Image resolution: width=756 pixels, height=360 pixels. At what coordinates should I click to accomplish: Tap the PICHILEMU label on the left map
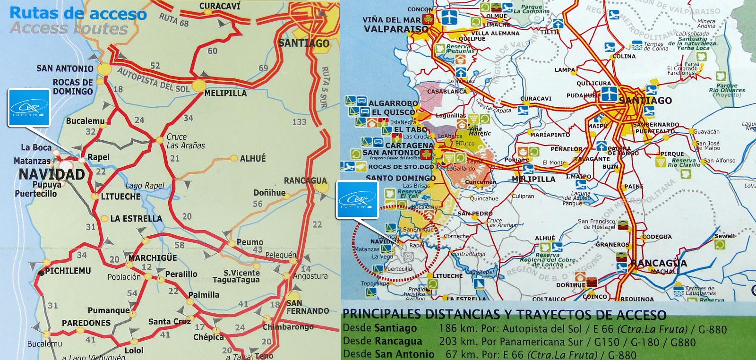(68, 271)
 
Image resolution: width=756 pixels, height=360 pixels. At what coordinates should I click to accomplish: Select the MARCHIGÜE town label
(153, 258)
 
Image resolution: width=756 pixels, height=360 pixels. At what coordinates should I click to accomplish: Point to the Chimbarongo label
(288, 327)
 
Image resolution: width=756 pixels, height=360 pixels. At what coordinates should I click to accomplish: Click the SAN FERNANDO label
(307, 307)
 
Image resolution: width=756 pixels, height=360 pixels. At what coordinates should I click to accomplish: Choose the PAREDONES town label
(86, 323)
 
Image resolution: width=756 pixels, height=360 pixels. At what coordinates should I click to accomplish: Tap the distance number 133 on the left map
(299, 122)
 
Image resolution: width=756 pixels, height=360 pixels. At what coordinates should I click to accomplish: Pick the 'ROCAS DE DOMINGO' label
(73, 86)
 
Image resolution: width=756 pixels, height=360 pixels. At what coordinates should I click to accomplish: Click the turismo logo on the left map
(29, 108)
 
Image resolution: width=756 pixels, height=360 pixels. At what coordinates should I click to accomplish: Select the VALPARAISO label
(396, 29)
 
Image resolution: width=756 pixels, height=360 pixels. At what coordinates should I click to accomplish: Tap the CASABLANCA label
(447, 91)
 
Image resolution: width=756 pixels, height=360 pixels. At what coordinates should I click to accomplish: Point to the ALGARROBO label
(393, 103)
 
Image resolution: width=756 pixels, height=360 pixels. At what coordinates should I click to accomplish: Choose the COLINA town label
(624, 56)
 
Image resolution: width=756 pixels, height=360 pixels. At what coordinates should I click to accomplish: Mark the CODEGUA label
(657, 237)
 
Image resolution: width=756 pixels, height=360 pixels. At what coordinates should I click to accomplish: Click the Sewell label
(724, 236)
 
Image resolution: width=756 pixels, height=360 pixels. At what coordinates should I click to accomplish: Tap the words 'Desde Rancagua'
(382, 341)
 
